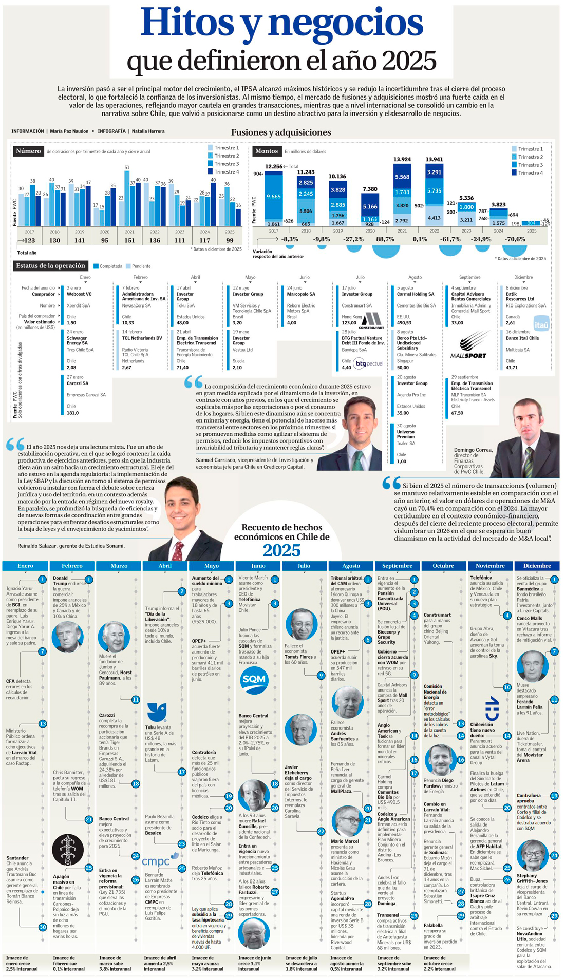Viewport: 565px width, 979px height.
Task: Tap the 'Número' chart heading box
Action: coord(28,151)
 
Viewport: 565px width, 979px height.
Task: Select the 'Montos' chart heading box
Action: coord(267,151)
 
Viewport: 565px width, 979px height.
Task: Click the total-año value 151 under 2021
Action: coord(129,240)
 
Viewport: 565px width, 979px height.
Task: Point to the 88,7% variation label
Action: coord(385,239)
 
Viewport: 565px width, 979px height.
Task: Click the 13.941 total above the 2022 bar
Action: coord(434,159)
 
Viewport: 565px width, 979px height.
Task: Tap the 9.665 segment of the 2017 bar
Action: coord(273,197)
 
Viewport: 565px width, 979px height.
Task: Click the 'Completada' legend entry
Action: coord(108,266)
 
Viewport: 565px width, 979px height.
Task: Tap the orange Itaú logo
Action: coord(541,324)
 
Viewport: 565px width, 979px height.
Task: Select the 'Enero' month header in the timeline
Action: coord(25,566)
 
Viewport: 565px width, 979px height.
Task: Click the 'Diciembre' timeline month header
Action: coord(537,566)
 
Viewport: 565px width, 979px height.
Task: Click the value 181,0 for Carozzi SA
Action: coord(72,413)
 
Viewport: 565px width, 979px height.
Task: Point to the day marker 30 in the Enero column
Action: coord(43,927)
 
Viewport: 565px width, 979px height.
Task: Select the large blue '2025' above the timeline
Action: coord(281,550)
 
